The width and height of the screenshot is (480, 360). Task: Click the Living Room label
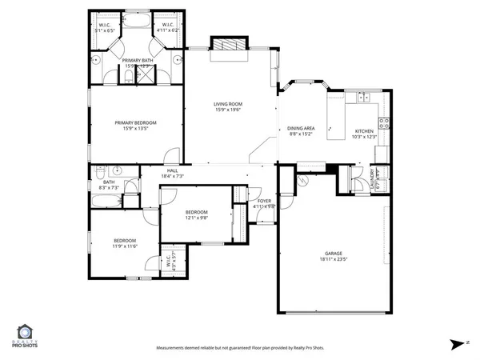tap(228, 104)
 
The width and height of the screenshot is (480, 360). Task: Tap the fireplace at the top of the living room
tap(227, 46)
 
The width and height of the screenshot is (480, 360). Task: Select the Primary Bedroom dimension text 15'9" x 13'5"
tap(135, 129)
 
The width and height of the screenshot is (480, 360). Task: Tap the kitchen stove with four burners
tap(383, 123)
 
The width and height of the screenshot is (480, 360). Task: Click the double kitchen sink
tap(365, 98)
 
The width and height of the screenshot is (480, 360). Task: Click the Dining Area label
tap(301, 129)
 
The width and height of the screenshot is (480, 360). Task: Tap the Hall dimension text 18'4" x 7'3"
tap(172, 176)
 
